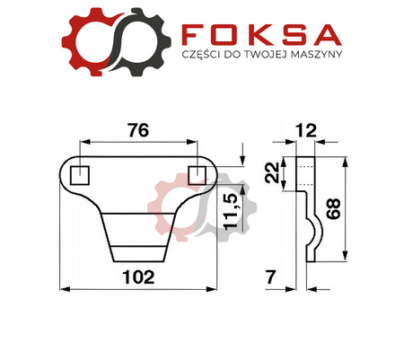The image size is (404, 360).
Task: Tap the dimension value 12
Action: coord(307,131)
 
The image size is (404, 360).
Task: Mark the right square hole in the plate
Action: coord(196,172)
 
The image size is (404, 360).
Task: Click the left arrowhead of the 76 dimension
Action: coord(83,141)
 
